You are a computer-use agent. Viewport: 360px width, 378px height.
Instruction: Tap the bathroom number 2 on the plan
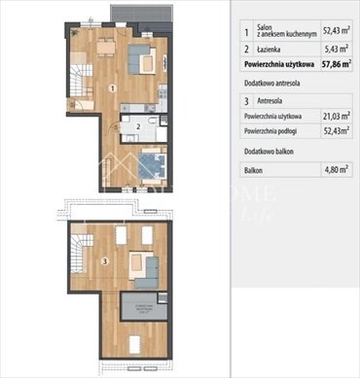pos(139,126)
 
